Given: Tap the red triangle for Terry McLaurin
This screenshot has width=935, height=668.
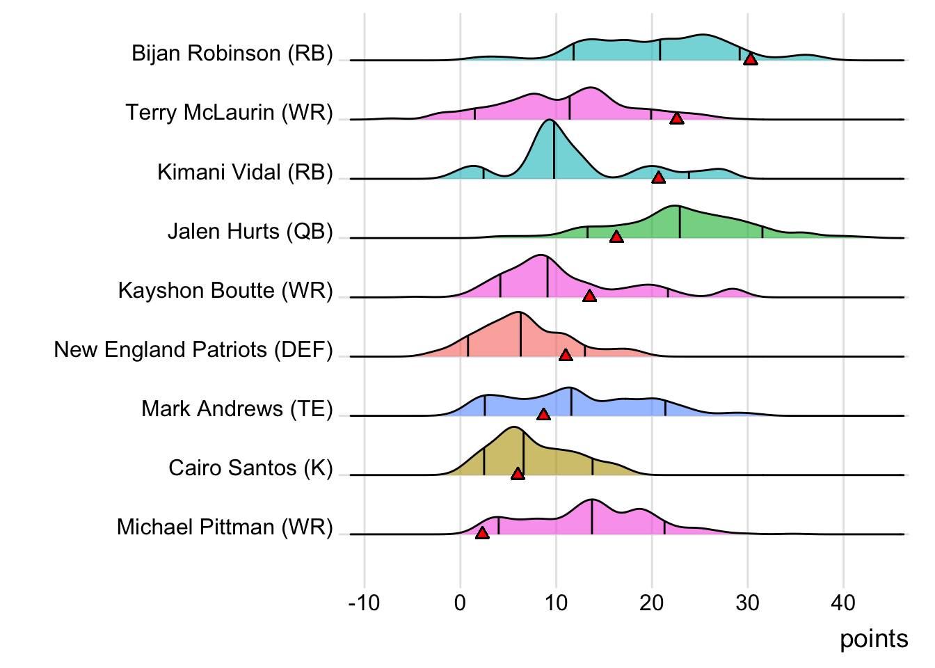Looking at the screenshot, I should [676, 119].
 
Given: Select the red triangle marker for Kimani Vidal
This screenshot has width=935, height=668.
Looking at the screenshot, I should [658, 178].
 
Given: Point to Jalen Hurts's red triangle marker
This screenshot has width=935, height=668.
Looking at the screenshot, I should [616, 237].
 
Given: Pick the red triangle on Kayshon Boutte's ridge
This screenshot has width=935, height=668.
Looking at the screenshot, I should [589, 296].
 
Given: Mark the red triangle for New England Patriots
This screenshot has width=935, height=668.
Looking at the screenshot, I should [566, 356].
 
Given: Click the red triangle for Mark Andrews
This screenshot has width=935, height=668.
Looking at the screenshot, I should [543, 415].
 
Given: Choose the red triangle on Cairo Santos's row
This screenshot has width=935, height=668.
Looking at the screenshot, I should [518, 474].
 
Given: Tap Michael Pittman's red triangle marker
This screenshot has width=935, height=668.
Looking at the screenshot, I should [481, 533].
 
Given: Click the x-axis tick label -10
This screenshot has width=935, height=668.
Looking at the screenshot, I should [364, 603].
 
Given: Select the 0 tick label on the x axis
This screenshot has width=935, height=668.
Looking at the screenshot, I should [460, 603].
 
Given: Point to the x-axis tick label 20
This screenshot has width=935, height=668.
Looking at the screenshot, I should [652, 603].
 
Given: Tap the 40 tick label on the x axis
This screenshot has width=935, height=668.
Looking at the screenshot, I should [843, 603].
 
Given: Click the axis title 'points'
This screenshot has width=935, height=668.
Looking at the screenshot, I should [874, 639].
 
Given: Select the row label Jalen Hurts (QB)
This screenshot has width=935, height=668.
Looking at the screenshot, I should [250, 231].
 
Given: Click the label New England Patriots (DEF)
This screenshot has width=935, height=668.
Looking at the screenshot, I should [193, 349].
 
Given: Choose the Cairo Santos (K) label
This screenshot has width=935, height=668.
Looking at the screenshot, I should [251, 468].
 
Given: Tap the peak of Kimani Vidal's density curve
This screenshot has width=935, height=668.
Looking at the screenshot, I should [550, 120].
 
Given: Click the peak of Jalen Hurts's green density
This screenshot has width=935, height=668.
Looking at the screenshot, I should [674, 206].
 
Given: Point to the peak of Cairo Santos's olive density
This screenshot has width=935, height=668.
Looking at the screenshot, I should [513, 427].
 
